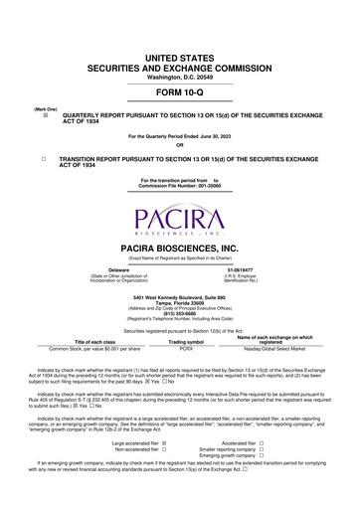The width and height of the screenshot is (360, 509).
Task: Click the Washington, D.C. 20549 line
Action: pyautogui.click(x=179, y=49)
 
